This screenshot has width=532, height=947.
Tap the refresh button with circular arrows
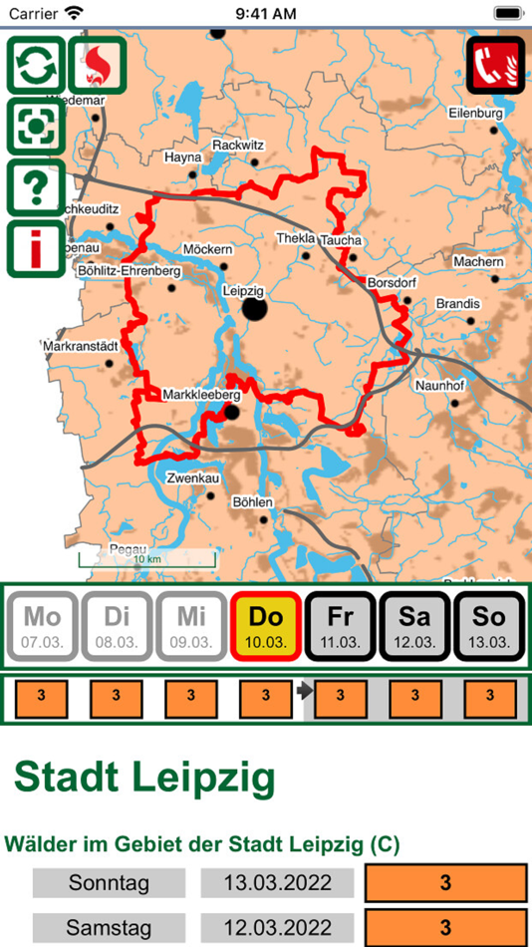(37, 66)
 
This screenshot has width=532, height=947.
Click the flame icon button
(98, 66)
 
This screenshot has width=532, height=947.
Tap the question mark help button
(37, 187)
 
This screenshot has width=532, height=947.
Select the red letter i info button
(37, 249)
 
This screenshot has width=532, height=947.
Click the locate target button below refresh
(37, 127)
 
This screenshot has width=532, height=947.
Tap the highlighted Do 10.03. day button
(266, 626)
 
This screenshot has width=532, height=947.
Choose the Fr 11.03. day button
(340, 626)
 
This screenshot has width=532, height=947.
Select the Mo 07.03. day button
(43, 626)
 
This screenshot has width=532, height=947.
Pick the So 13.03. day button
(488, 626)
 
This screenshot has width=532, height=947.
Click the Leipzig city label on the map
(243, 290)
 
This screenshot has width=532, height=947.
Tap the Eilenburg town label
(476, 114)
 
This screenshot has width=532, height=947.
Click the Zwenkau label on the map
(192, 478)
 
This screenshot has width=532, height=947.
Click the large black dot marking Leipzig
(255, 309)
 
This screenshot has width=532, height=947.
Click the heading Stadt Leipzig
(144, 779)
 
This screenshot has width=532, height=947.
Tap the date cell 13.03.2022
(278, 883)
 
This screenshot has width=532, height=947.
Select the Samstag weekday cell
(109, 928)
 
